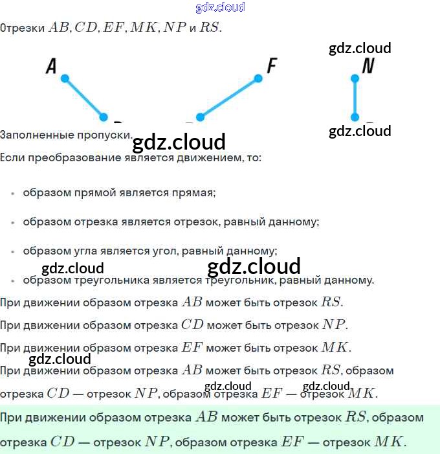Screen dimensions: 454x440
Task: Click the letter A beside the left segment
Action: click(51, 66)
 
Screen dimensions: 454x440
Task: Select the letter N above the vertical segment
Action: click(368, 66)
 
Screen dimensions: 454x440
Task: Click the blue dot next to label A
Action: click(65, 78)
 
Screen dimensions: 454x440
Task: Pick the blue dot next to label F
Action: click(258, 78)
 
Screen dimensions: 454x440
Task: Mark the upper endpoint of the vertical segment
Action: click(355, 78)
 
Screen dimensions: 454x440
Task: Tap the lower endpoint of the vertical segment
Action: click(355, 117)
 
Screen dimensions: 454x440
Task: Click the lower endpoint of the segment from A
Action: click(104, 117)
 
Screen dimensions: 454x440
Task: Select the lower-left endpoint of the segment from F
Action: click(200, 117)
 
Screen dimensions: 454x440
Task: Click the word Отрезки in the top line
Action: click(23, 28)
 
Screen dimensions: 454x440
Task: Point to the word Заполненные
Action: click(32, 135)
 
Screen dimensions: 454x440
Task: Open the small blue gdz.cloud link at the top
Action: click(220, 8)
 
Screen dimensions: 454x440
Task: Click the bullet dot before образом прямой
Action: click(12, 193)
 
